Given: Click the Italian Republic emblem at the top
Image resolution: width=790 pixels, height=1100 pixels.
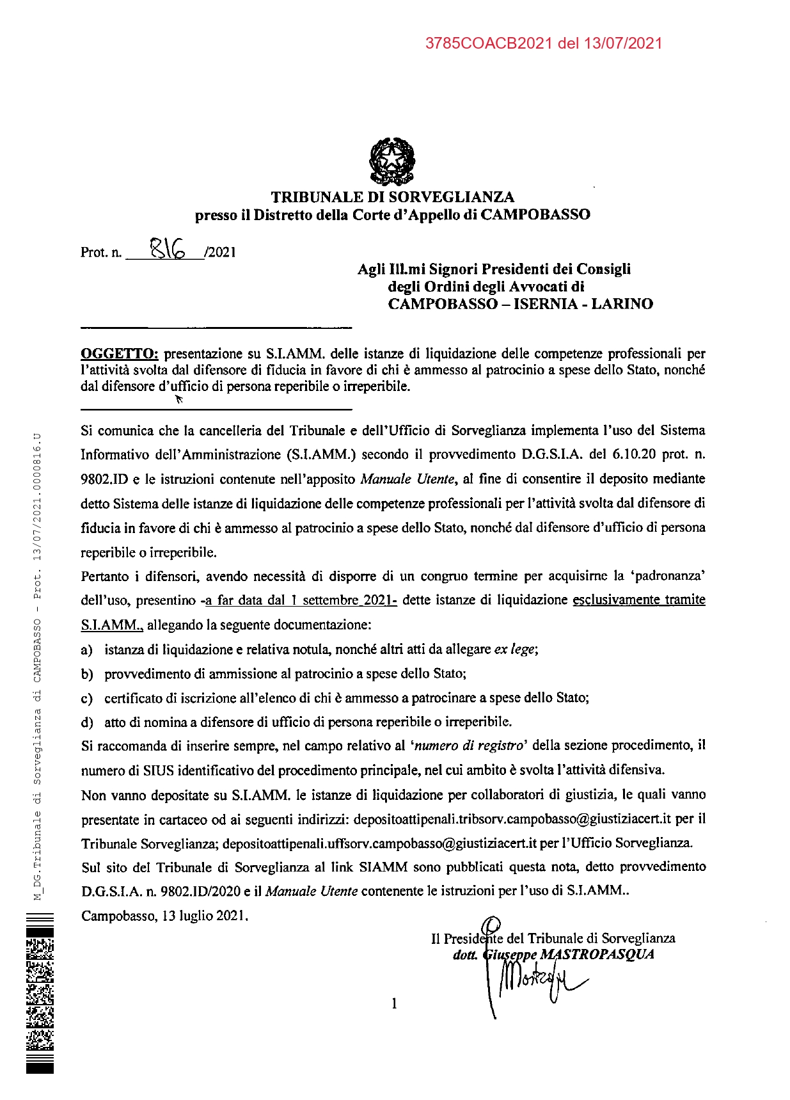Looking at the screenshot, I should click(x=392, y=162).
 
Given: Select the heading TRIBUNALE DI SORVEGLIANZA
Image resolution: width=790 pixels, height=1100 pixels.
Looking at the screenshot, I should click(x=392, y=197).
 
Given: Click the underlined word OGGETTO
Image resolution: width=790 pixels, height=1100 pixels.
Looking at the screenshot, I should click(x=119, y=353).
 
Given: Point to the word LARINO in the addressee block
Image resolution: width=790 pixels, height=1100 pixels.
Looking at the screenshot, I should click(x=622, y=304).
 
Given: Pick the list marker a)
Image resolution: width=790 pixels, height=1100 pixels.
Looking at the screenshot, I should click(x=87, y=650).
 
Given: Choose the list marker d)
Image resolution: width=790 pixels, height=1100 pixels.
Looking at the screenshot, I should click(x=87, y=722).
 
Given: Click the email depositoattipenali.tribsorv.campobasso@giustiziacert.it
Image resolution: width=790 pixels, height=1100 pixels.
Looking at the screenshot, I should click(x=512, y=819).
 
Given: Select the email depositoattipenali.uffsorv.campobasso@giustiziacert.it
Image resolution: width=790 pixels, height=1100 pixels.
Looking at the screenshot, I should click(x=379, y=843).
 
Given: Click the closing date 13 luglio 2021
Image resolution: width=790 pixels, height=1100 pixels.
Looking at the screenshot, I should click(x=203, y=916).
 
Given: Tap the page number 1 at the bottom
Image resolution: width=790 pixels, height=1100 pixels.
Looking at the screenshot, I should click(x=394, y=1003).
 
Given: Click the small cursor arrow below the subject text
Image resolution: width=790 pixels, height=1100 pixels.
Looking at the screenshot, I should click(x=179, y=399).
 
